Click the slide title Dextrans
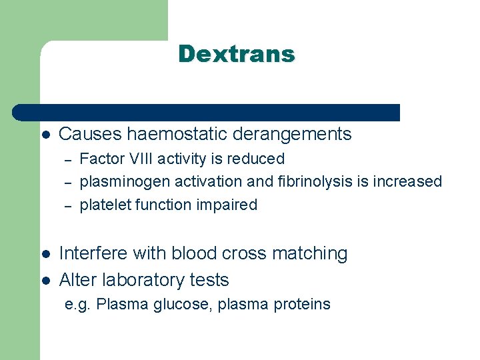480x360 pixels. coord(236,54)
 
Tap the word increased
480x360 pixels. coord(407,181)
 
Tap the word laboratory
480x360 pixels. coord(139,279)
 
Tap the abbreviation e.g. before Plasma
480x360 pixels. coord(78,305)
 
